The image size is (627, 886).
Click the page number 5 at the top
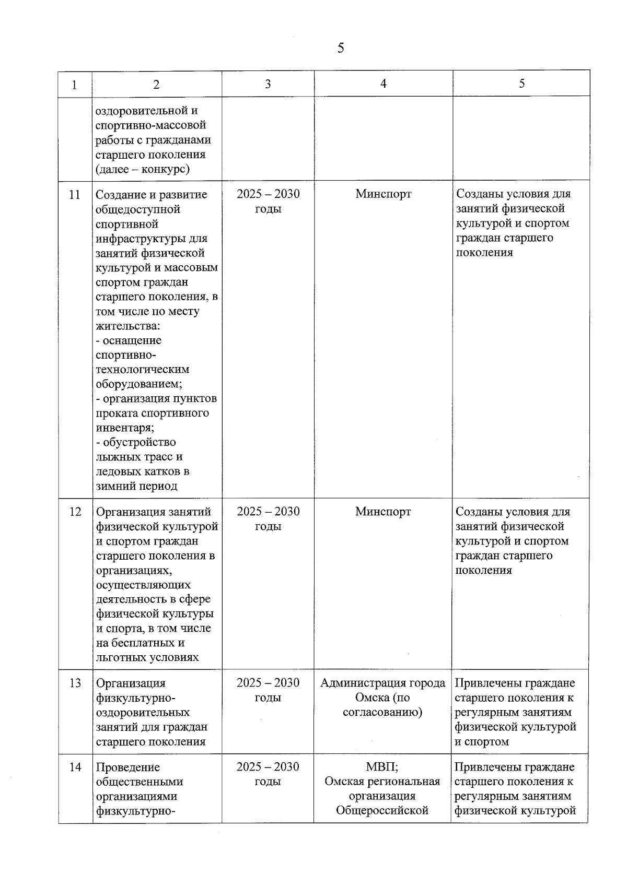pyautogui.click(x=341, y=49)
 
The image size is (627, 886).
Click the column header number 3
pyautogui.click(x=268, y=84)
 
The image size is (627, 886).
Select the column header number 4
pyautogui.click(x=383, y=84)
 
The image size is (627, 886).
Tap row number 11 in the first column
pyautogui.click(x=75, y=194)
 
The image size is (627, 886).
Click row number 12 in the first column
pyautogui.click(x=75, y=512)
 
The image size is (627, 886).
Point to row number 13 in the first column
pyautogui.click(x=75, y=683)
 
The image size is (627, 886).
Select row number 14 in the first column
pyautogui.click(x=75, y=767)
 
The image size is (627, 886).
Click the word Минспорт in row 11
pyautogui.click(x=383, y=194)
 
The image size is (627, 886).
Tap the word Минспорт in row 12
pyautogui.click(x=383, y=512)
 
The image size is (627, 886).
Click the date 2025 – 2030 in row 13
pyautogui.click(x=268, y=683)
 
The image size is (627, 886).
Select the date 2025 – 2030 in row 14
pyautogui.click(x=268, y=767)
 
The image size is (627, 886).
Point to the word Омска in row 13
pyautogui.click(x=373, y=698)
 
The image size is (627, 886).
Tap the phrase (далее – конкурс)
pyautogui.click(x=143, y=169)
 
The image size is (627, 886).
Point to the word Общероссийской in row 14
pyautogui.click(x=382, y=811)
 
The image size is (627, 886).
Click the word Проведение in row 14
pyautogui.click(x=128, y=767)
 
